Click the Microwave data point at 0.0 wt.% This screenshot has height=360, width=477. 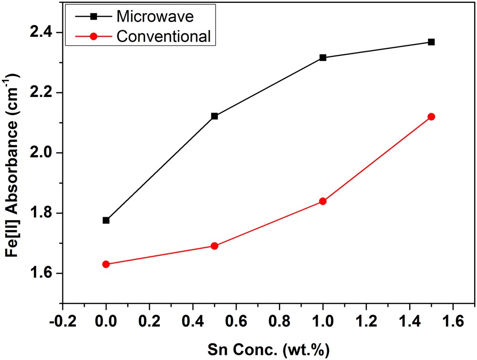(106, 220)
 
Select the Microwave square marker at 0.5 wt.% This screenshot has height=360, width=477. (214, 116)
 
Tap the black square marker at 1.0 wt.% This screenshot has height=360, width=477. (323, 57)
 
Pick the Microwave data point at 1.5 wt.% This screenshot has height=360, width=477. (431, 42)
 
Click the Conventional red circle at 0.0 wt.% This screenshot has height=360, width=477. (106, 264)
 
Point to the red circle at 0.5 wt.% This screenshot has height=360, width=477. (214, 246)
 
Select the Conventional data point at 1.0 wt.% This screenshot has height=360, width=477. (323, 201)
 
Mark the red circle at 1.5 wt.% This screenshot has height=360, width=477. (431, 116)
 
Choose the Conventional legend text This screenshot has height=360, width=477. (164, 36)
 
